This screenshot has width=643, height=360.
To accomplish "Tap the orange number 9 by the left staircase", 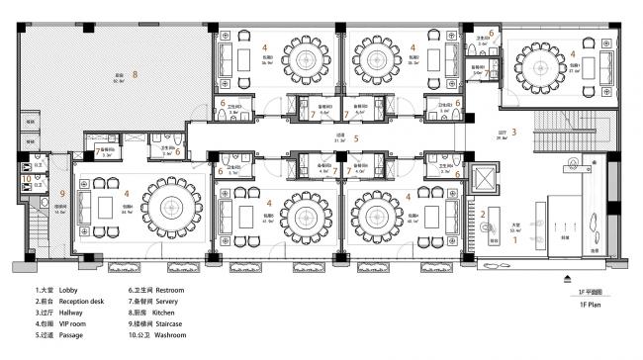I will pos(61,193).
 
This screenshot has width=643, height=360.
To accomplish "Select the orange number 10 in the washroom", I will pos(27,179).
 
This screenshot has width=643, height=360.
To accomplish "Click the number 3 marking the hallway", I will pos(513,132).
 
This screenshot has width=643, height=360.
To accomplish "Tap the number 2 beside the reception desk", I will pos(484,215).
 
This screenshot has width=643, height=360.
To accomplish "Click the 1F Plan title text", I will pos(587,308).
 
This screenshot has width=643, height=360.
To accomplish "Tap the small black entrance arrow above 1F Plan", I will pos(565,279).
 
